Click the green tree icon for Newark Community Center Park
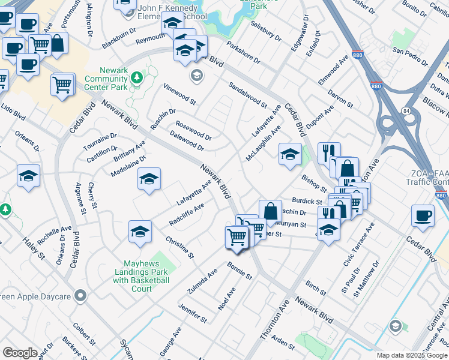(137, 77)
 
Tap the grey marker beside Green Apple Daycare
(82, 296)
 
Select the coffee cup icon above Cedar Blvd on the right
(423, 215)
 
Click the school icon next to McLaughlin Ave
(289, 154)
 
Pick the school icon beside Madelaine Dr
(149, 178)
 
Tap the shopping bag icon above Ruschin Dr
(271, 211)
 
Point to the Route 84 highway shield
(406, 110)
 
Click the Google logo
(20, 353)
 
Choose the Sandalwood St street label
(247, 95)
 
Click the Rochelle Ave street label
(55, 230)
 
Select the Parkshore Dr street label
(243, 52)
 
